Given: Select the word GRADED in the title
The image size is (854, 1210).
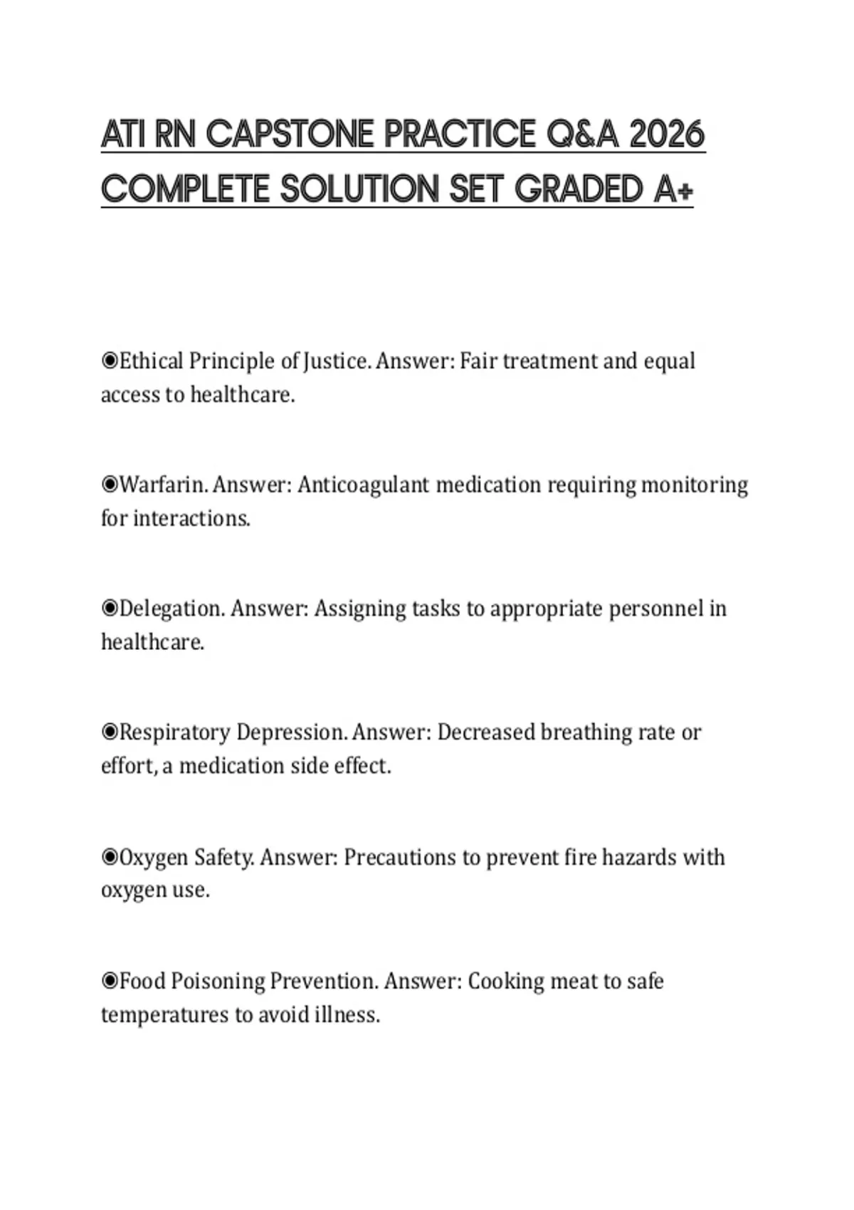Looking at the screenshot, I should [579, 189].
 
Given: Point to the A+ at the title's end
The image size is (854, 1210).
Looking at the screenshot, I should [673, 189].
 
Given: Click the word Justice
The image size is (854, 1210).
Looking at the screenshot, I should [337, 362].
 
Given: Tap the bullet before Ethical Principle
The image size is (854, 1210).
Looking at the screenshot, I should [110, 362].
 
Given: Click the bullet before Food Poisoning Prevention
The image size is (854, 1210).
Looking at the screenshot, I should [110, 982].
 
